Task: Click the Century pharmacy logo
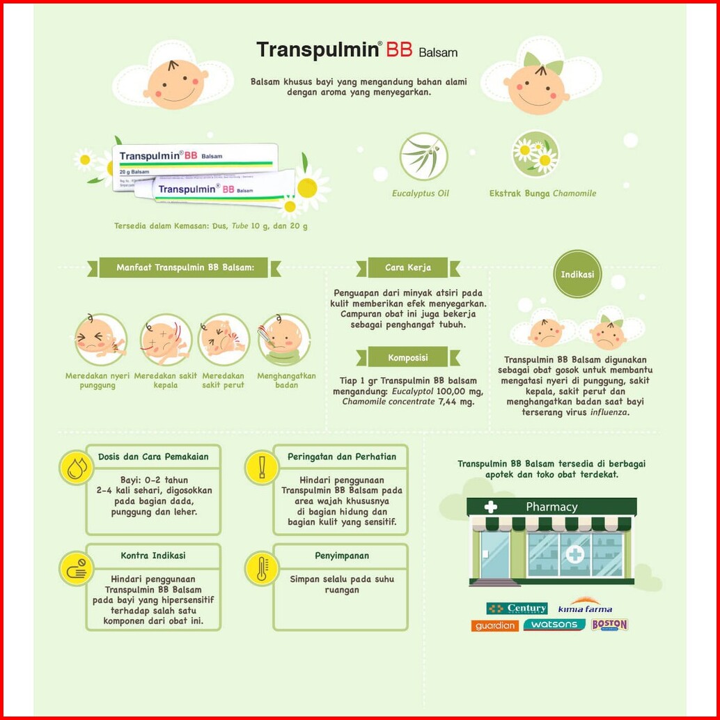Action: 517,609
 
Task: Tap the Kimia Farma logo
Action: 585,607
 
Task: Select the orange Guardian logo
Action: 495,625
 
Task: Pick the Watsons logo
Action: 554,625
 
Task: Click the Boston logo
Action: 609,625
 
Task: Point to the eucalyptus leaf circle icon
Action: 423,157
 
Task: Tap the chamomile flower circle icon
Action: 535,155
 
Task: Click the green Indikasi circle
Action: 577,274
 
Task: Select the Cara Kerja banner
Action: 408,267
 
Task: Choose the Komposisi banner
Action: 408,358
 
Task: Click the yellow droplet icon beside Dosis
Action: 76,467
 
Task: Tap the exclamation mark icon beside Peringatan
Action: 262,467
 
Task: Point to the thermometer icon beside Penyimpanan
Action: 262,568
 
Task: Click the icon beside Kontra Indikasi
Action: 76,568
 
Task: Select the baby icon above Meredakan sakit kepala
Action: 164,340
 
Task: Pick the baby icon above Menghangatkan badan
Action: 283,340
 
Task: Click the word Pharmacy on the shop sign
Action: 551,507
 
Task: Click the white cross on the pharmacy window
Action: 575,554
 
